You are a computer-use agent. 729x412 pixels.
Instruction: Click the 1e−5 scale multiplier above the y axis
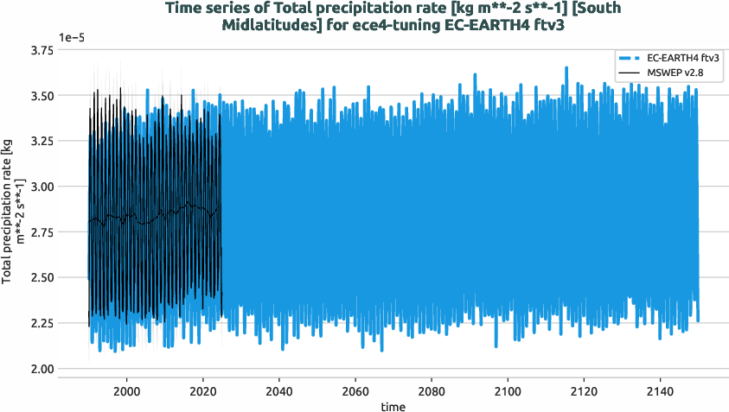[74, 37]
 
